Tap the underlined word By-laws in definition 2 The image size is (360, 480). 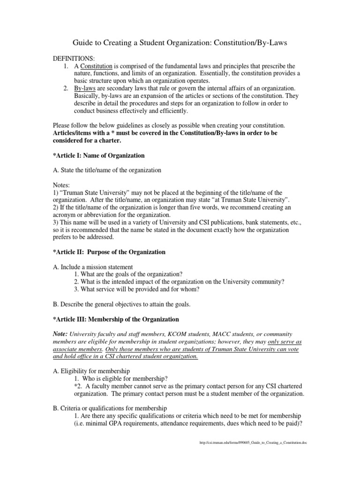(85, 89)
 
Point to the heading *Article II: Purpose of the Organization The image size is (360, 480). (109, 252)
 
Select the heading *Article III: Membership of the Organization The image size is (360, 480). (116, 319)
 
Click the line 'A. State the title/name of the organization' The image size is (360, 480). (107, 170)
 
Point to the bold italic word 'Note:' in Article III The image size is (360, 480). (60, 334)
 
